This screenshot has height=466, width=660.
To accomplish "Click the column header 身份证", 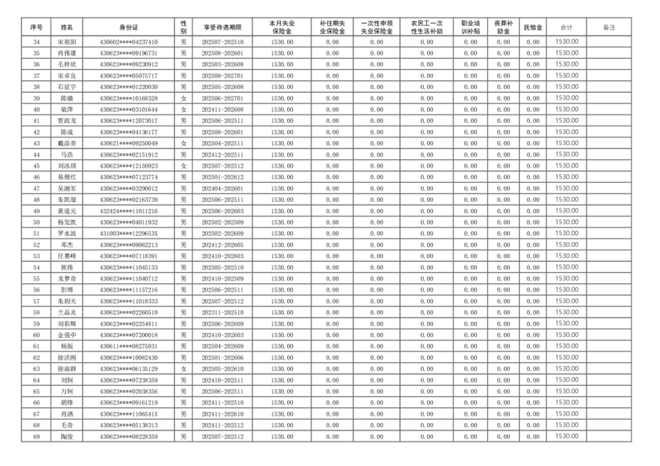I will coord(129,27).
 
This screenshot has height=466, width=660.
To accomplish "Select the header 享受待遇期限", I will coord(222,27).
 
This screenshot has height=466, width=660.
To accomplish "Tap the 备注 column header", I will coord(609,27).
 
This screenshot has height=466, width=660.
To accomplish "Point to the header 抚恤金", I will coord(533,27).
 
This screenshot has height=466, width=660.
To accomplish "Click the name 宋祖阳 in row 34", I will coord(67,42).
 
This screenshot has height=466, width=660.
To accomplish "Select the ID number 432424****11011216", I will coord(129,211).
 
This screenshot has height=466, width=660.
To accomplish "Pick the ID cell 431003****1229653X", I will coord(129,234).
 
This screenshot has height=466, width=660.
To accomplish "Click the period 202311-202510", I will coord(222,312).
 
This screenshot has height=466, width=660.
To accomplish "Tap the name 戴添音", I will coord(67,143).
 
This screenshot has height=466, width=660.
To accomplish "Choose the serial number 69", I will coord(36,436).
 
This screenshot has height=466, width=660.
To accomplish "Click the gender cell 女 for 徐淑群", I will coord(184,369).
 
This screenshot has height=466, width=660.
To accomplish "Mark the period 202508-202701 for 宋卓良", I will coord(222,76).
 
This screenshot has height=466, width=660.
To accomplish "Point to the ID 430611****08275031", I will coord(129,347).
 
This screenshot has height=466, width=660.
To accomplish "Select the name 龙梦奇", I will coord(67,279).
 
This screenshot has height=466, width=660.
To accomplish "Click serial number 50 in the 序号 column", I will coord(36,222).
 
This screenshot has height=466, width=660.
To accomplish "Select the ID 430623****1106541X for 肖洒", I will coord(129,414).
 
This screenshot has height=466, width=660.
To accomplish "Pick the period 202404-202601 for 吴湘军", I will coord(222,189).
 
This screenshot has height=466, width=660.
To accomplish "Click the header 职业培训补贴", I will coord(470,27).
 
